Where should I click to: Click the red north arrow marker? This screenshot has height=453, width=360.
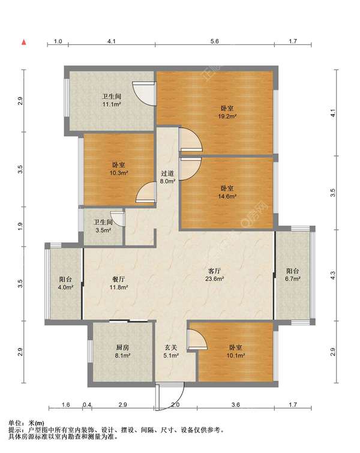click(24, 42)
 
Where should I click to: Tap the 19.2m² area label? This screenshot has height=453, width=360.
click(227, 116)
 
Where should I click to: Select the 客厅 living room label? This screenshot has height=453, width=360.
click(215, 271)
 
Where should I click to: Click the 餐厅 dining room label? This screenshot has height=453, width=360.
click(118, 280)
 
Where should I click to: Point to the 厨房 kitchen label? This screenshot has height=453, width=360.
click(122, 347)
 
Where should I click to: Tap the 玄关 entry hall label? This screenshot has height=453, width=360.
click(171, 347)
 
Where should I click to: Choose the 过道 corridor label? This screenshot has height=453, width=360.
click(167, 173)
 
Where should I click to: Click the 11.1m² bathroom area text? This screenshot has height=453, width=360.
click(112, 104)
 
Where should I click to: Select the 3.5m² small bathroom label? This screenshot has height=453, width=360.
click(103, 230)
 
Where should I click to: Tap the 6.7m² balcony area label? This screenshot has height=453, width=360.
click(293, 279)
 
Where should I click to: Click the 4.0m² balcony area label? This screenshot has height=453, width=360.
click(65, 287)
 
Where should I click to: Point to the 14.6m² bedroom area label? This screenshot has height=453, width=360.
click(227, 196)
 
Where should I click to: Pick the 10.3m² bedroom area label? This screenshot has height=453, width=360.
click(119, 173)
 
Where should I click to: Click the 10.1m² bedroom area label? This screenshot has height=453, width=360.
click(236, 356)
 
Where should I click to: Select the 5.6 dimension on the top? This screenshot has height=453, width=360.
click(215, 41)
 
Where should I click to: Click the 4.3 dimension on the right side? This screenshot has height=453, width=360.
click(333, 275)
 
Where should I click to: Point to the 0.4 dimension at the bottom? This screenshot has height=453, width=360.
click(87, 404)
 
